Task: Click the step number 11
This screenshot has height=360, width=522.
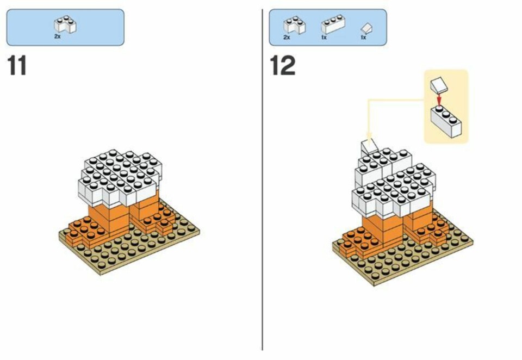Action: click(17, 65)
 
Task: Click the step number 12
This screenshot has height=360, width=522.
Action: click(283, 65)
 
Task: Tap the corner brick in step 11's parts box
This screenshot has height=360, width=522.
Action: click(65, 24)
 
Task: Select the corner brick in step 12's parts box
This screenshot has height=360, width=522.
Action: click(295, 25)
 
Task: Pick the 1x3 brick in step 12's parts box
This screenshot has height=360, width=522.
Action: click(333, 24)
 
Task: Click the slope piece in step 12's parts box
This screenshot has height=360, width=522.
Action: click(366, 28)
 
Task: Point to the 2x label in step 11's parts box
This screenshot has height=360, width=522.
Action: click(58, 36)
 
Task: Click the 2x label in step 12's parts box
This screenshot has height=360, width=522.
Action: click(287, 37)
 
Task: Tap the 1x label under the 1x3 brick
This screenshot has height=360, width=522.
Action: click(324, 38)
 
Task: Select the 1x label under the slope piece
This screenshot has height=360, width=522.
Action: click(363, 38)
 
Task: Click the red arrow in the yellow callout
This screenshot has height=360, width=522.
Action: click(439, 99)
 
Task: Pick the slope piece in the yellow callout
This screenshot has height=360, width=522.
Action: click(438, 85)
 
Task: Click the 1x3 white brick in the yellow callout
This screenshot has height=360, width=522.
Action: click(446, 121)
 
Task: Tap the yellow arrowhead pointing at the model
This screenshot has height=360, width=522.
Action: click(369, 135)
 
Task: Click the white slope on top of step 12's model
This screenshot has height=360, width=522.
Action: click(369, 146)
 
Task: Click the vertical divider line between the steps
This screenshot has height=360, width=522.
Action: click(262, 179)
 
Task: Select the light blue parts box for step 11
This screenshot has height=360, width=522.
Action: click(65, 27)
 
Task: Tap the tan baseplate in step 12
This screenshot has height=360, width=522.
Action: click(402, 257)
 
